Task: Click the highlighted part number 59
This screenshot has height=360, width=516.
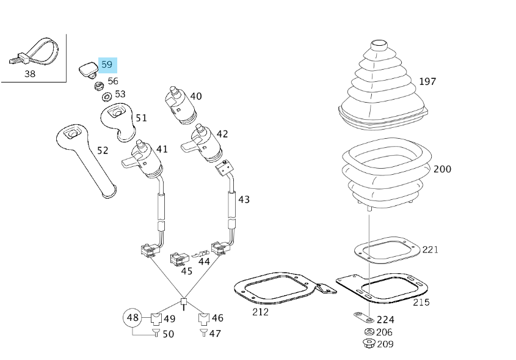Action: point(107,64)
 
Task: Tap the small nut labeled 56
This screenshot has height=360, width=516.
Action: point(98,85)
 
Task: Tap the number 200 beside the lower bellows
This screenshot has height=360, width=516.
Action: point(442,169)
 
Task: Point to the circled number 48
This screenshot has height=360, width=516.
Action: point(133,317)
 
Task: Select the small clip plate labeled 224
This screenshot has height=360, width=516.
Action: point(364,318)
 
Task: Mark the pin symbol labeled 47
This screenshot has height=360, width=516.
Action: point(203,333)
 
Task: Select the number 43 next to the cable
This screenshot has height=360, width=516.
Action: point(244,199)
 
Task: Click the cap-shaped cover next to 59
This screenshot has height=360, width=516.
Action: point(88,68)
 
